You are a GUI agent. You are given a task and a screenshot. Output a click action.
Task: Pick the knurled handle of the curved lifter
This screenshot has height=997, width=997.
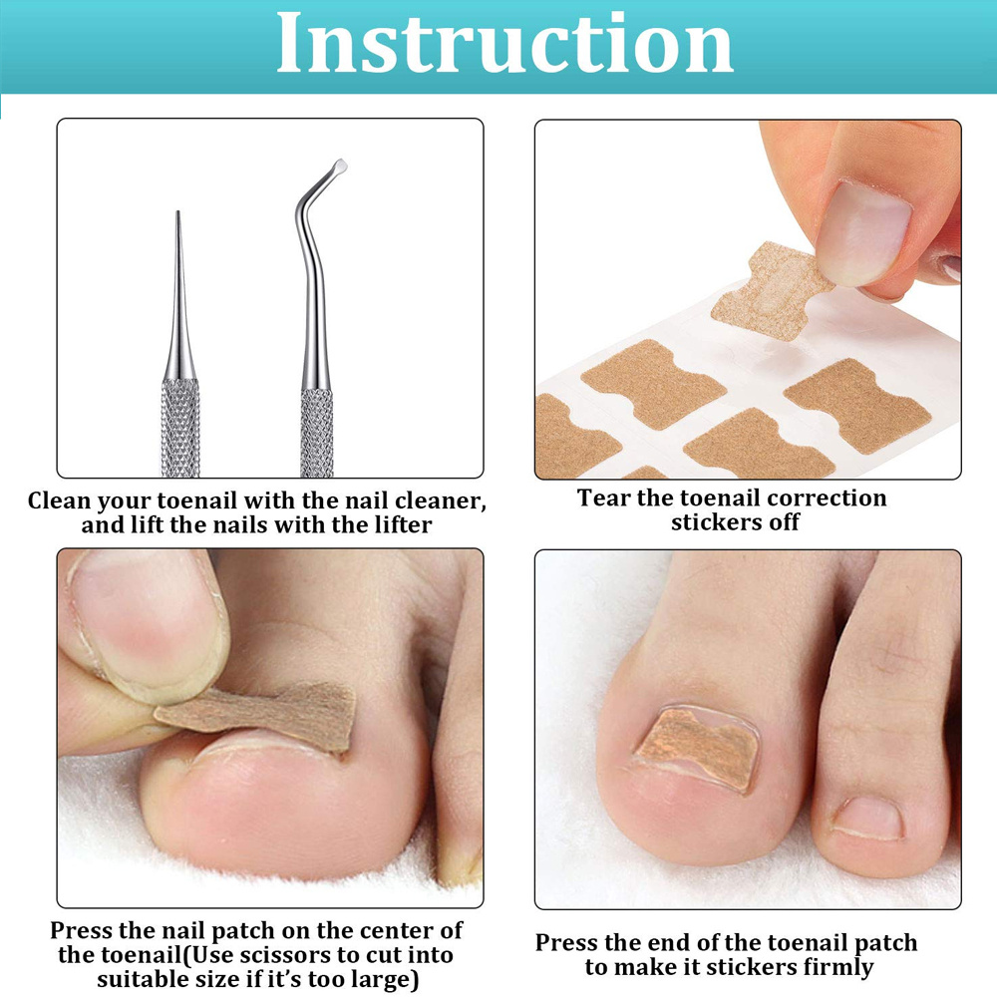coord(317,434)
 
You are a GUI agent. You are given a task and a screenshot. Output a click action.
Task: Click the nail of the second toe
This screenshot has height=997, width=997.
coord(867,818)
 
